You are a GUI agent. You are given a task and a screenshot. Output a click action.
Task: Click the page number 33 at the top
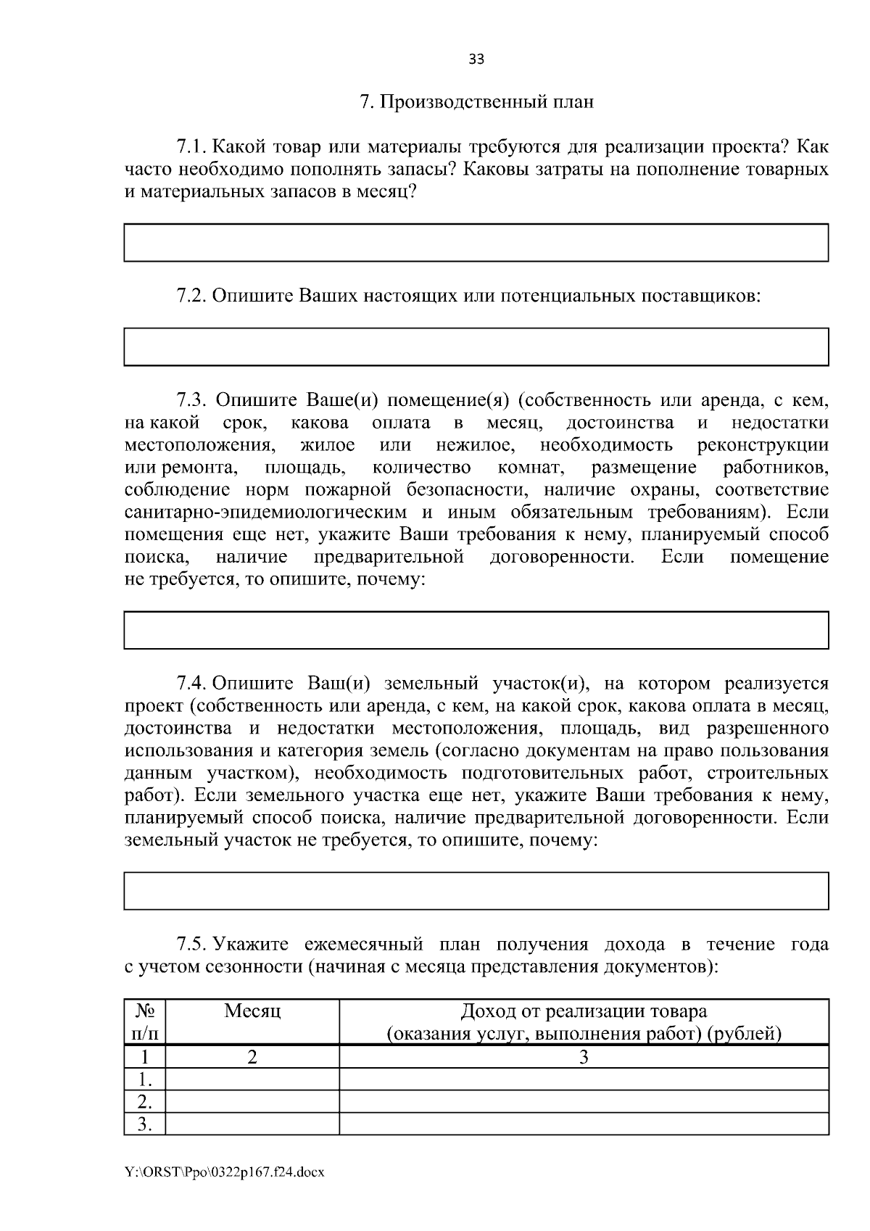pos(476,59)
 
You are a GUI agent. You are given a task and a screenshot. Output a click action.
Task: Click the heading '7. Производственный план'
pos(476,101)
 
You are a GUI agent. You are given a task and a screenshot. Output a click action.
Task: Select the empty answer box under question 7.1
pos(476,242)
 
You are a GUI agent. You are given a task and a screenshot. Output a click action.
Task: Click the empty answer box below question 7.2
pos(476,347)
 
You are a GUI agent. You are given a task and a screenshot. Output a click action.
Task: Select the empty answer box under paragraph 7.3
pos(476,629)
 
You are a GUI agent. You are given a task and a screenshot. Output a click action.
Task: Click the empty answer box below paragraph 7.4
pos(476,890)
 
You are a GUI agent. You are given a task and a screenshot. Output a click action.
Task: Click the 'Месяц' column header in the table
pos(252,1011)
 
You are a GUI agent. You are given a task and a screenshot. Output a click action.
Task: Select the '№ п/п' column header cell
pos(145,1021)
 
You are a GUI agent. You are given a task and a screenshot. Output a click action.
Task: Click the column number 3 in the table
pos(584,1057)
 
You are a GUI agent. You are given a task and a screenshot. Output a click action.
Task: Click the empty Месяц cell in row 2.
pos(252,1102)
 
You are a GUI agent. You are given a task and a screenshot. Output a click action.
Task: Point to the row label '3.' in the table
pos(145,1124)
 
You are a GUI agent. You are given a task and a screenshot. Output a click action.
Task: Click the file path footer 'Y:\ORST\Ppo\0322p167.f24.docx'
pos(225,1172)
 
